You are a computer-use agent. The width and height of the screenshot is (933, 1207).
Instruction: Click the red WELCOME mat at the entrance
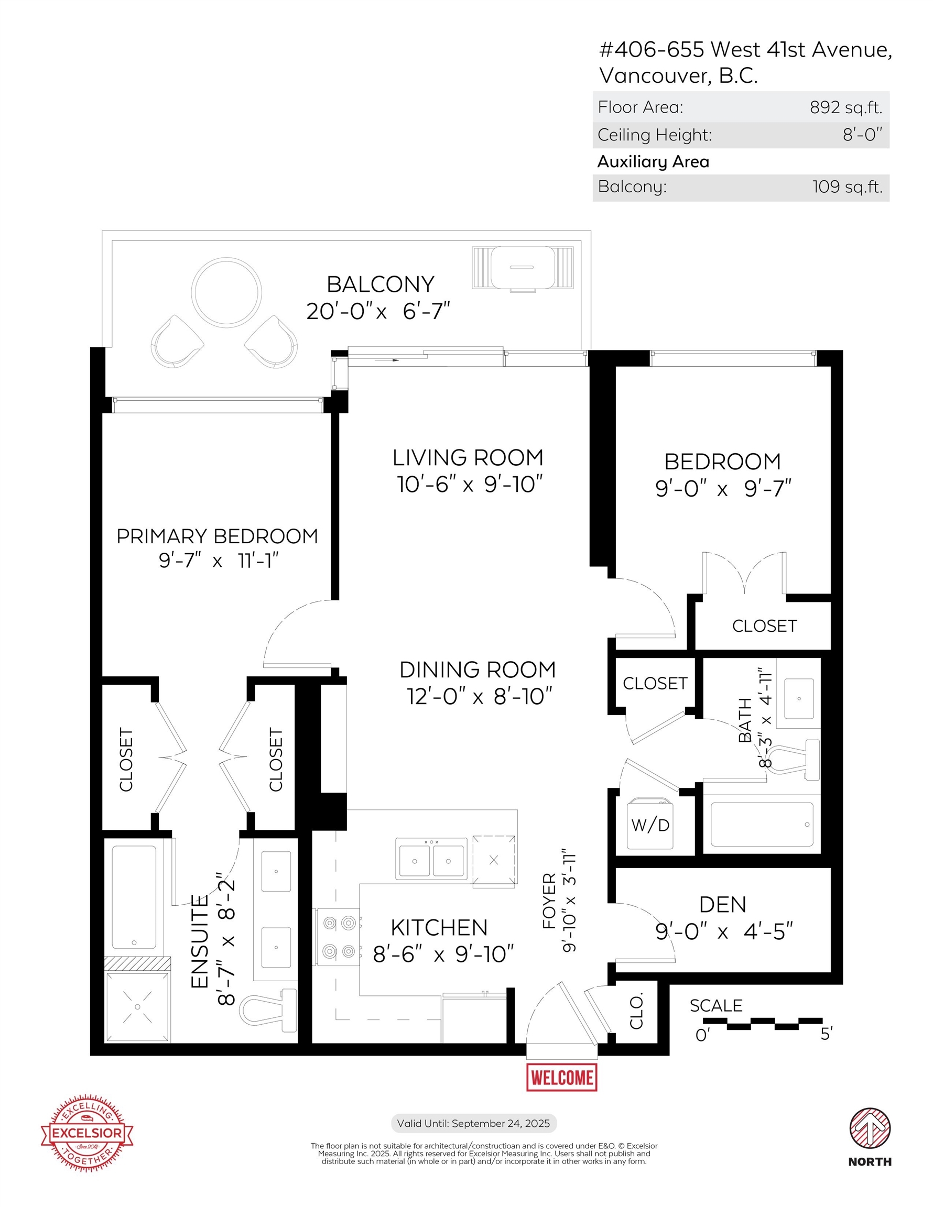[x=561, y=1077]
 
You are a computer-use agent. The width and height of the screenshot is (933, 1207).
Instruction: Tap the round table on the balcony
[x=226, y=292]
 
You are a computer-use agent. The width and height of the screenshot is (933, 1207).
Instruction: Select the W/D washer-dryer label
[x=650, y=825]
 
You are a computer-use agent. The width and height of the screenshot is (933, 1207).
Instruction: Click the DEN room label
[x=723, y=905]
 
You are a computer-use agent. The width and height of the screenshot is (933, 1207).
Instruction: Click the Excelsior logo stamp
[x=87, y=1133]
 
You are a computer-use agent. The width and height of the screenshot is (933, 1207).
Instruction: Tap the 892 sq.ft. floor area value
[x=846, y=107]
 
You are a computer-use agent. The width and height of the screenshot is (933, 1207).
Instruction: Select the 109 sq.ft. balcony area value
[x=847, y=187]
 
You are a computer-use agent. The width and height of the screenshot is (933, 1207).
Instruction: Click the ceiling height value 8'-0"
[x=863, y=134]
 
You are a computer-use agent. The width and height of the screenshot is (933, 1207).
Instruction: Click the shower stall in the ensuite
[x=137, y=1006]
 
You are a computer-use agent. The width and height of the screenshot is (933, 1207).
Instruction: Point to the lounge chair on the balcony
[x=523, y=269]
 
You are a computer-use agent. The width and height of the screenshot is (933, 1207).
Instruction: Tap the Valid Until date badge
[x=473, y=1123]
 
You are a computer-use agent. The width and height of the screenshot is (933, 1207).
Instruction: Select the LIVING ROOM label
[x=468, y=457]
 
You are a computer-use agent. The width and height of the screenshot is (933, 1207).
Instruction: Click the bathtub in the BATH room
[x=762, y=824]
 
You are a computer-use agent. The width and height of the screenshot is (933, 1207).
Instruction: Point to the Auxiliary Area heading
[x=653, y=161]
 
